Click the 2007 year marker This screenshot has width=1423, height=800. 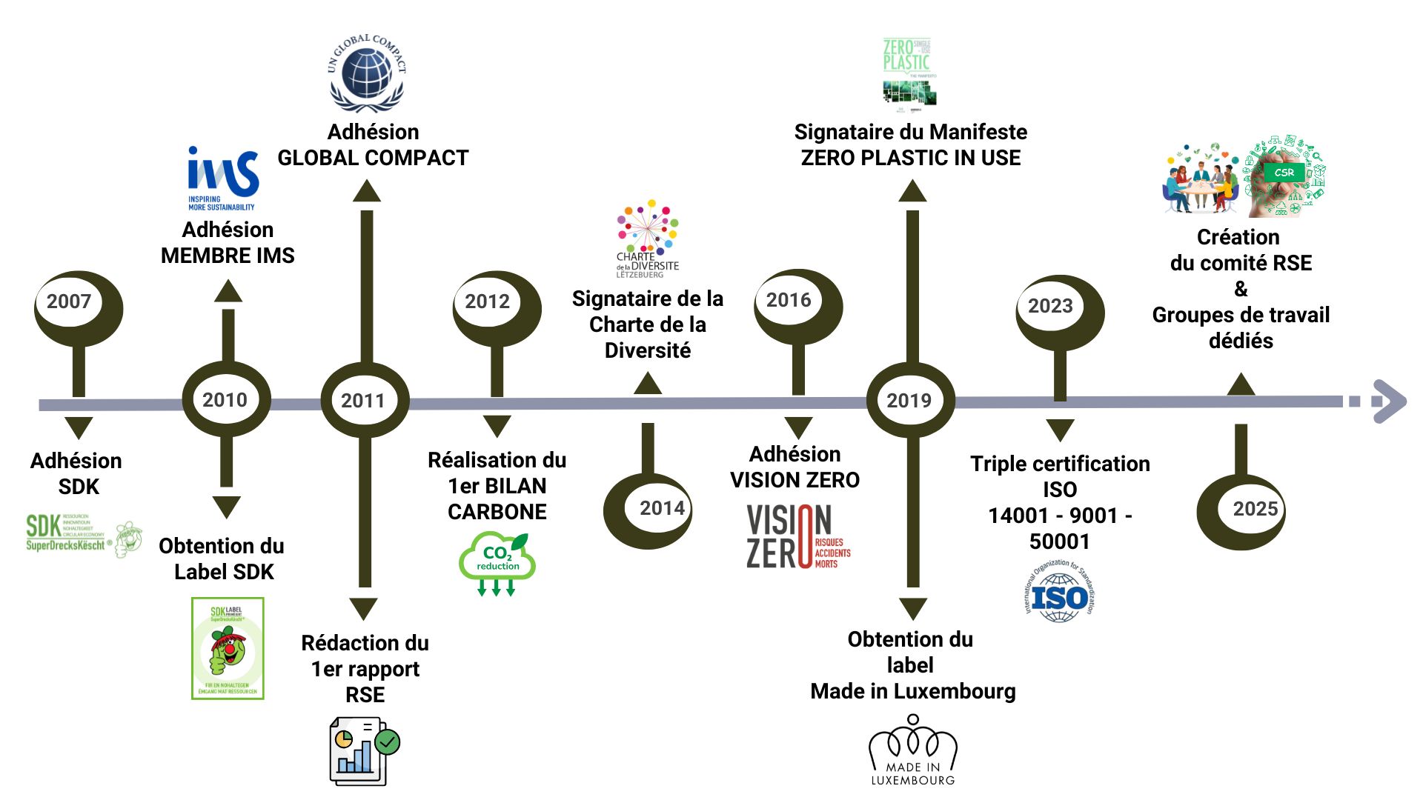tap(69, 302)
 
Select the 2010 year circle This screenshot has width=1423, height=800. tap(225, 400)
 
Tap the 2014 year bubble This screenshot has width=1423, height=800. tap(662, 508)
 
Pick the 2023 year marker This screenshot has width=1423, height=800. tap(1050, 306)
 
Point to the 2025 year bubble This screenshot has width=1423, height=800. tap(1255, 509)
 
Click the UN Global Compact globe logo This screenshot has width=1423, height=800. tap(367, 73)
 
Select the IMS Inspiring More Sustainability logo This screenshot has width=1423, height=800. tap(222, 179)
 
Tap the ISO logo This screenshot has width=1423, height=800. tap(1060, 592)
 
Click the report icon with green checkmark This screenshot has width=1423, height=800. tap(364, 750)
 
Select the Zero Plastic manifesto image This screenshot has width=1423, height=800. tap(909, 72)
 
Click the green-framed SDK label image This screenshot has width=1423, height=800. tap(228, 648)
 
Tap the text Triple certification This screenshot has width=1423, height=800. tap(1060, 464)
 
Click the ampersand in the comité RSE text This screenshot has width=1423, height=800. tap(1241, 289)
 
